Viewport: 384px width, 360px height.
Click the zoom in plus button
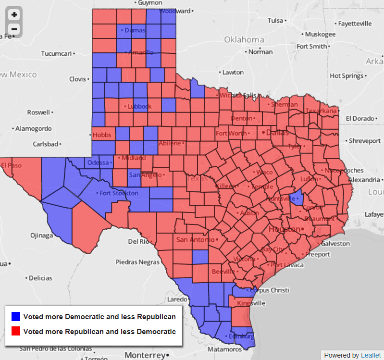pos(14,15)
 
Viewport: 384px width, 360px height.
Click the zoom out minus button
pos(14,29)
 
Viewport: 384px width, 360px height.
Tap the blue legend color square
pos(16,317)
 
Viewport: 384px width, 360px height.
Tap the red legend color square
pos(16,331)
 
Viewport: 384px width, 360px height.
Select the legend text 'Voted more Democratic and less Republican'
pos(99,317)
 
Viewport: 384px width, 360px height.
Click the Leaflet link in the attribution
pos(371,355)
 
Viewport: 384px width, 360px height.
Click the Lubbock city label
pos(139,106)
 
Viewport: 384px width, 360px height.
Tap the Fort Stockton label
pos(119,193)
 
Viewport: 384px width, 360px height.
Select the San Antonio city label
pos(192,239)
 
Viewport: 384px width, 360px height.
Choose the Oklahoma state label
pos(244,39)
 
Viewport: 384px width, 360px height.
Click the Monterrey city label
pos(145,355)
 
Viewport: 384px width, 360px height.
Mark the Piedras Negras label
pos(137,262)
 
